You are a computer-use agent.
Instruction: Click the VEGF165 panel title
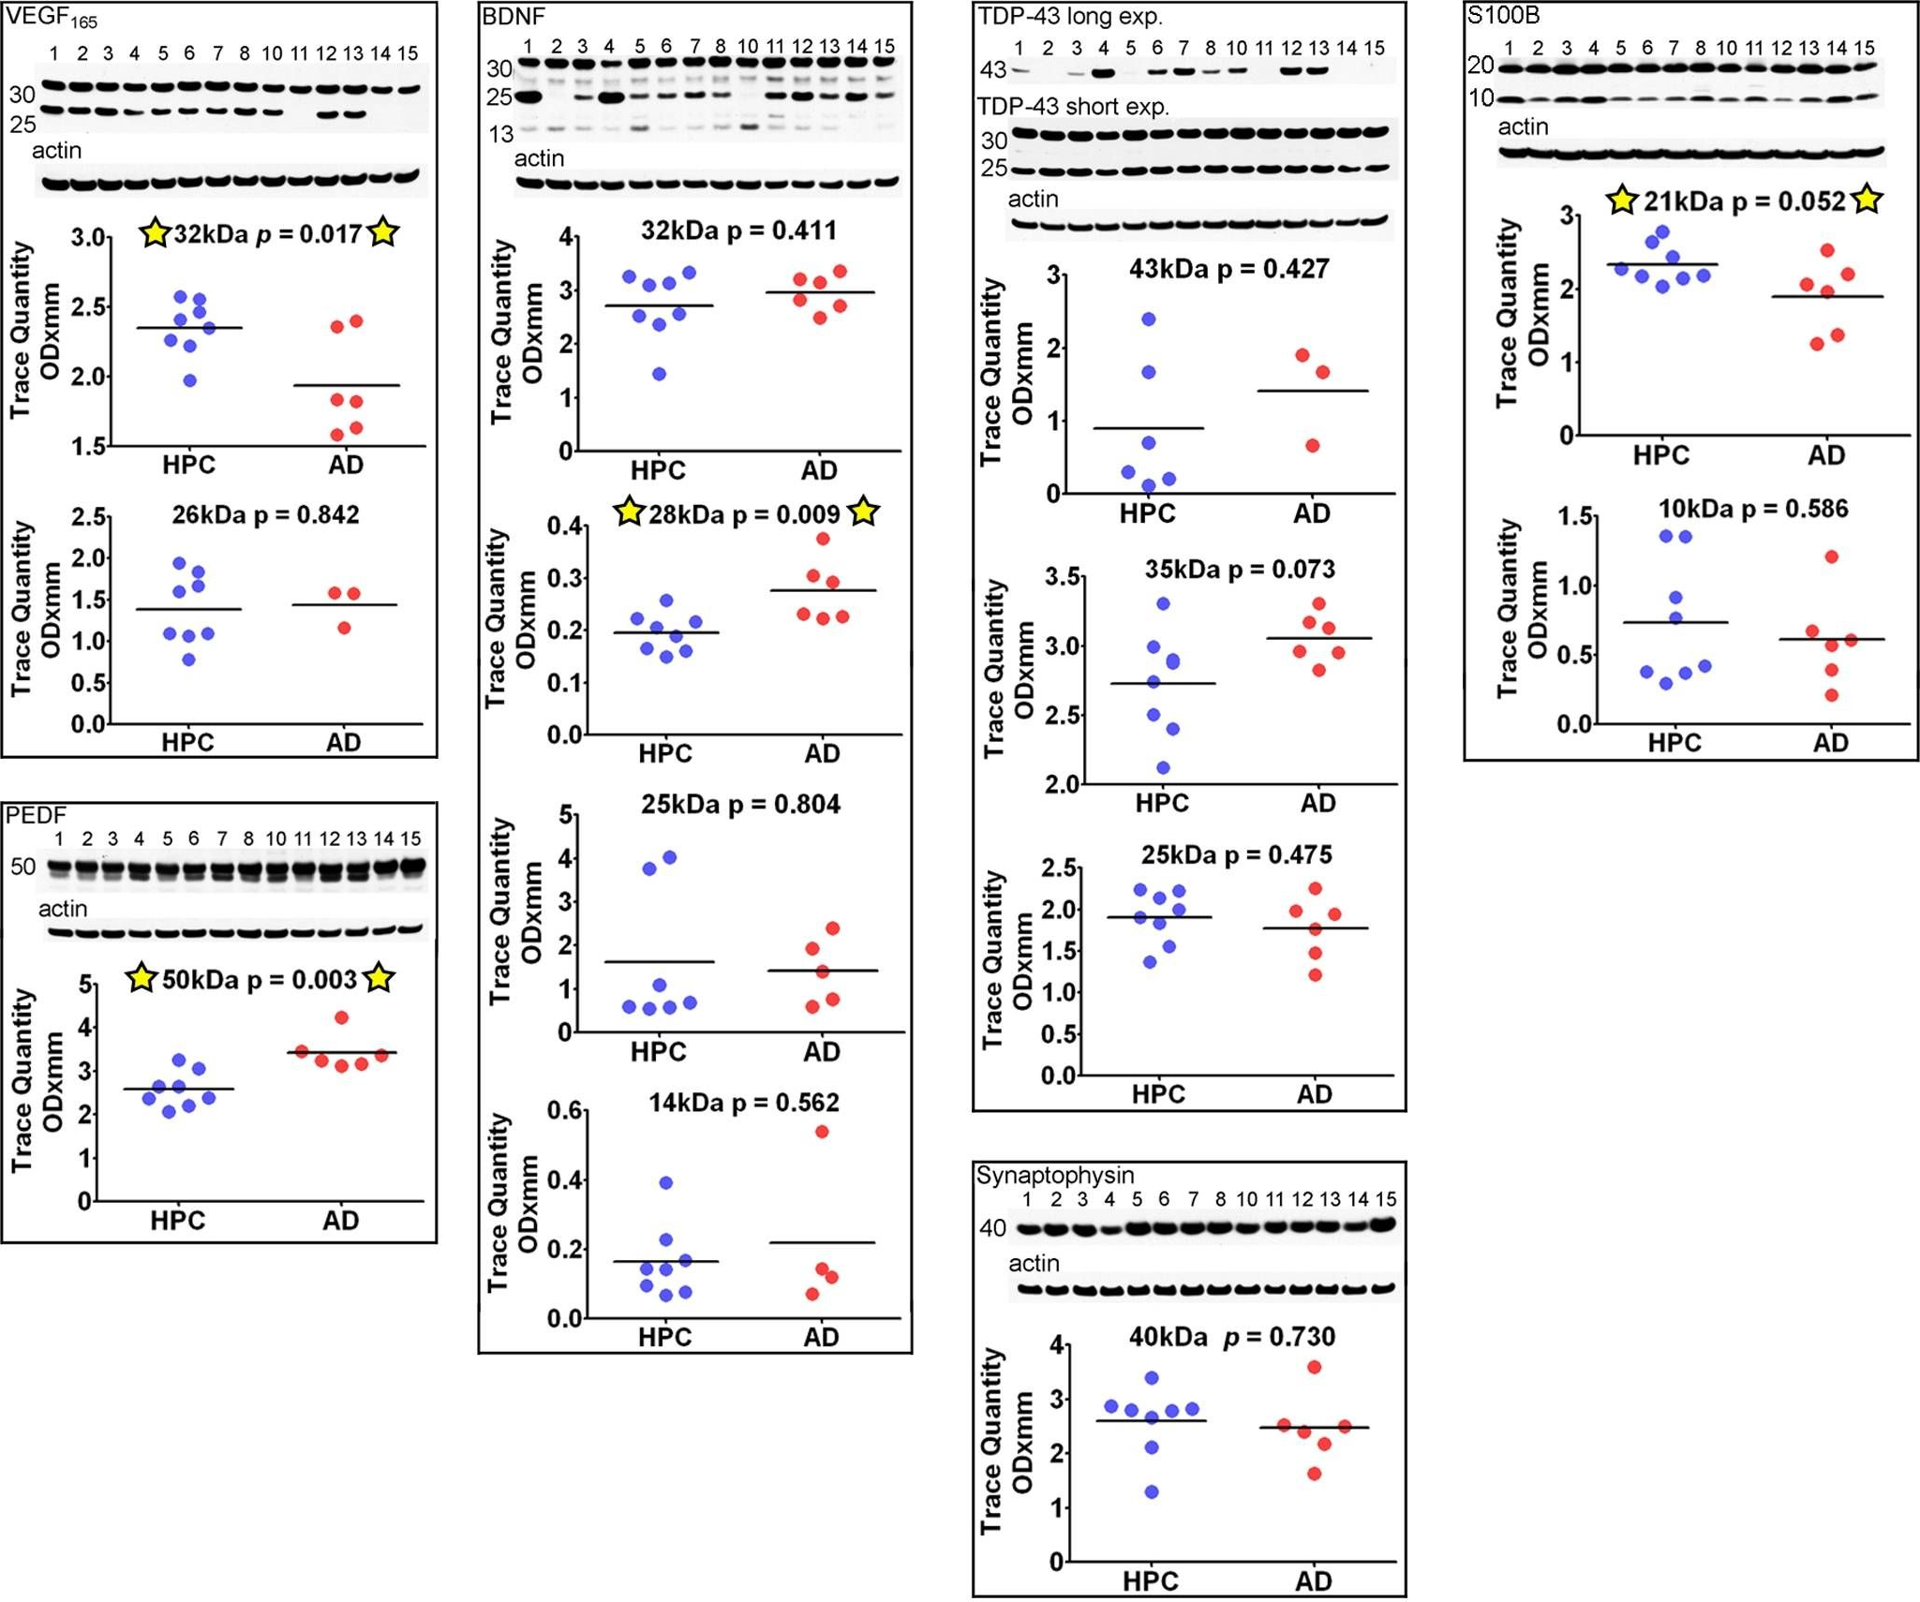52,19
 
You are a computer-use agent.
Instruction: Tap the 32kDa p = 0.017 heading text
267,234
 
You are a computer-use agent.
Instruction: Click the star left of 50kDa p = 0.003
141,978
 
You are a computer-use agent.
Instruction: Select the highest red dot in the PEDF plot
341,1017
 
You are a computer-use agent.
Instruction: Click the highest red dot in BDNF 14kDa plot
822,1132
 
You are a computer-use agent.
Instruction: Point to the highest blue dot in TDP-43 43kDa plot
1149,319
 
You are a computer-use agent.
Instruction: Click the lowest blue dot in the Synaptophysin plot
1152,1491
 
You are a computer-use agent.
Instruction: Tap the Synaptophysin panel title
1054,1175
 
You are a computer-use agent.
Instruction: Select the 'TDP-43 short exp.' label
1073,107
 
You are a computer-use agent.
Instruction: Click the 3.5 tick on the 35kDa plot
1063,576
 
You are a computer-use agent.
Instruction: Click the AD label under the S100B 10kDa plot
1830,743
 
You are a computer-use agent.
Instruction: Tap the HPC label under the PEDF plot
177,1220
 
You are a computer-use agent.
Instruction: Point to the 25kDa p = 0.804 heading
740,805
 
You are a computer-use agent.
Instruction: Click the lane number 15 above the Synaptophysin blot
1386,1199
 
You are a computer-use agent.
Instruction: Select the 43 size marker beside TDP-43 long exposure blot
992,70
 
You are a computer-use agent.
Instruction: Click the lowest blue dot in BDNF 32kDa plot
659,374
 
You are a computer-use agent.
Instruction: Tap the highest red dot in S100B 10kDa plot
1832,556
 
